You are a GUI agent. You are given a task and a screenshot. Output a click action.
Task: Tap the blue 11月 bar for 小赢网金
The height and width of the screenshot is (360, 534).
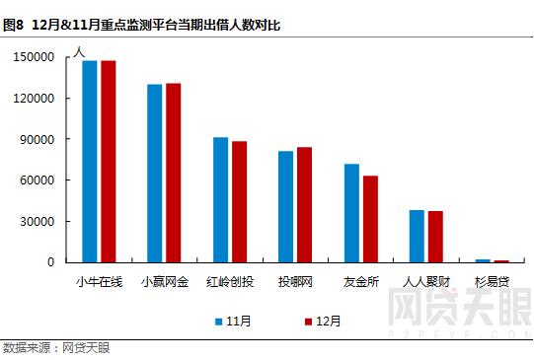[x=155, y=173]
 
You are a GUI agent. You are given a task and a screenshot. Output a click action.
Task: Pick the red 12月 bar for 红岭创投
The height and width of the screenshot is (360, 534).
[x=239, y=201]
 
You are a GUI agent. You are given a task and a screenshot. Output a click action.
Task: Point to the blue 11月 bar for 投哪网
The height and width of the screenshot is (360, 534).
[x=286, y=206]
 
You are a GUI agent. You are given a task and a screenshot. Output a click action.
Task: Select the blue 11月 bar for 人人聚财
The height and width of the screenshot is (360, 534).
[x=417, y=236]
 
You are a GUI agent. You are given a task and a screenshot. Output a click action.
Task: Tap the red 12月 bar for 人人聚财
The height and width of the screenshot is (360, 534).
[x=435, y=237]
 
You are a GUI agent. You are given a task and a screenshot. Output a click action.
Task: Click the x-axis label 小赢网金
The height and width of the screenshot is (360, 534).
[x=164, y=283]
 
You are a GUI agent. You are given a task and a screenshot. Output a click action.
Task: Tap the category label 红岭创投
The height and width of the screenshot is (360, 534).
[x=230, y=283]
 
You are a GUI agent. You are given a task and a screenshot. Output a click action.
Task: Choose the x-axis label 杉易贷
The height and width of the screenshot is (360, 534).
[x=492, y=283]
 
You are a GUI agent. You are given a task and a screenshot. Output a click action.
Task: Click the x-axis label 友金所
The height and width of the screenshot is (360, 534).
[x=360, y=283]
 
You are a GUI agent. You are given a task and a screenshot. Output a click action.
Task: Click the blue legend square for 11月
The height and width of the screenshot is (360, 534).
[x=219, y=322]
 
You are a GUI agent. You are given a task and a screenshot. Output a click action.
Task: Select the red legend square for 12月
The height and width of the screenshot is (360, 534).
[x=308, y=322]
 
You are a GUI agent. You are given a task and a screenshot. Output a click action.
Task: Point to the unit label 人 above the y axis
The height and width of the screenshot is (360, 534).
[x=80, y=50]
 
